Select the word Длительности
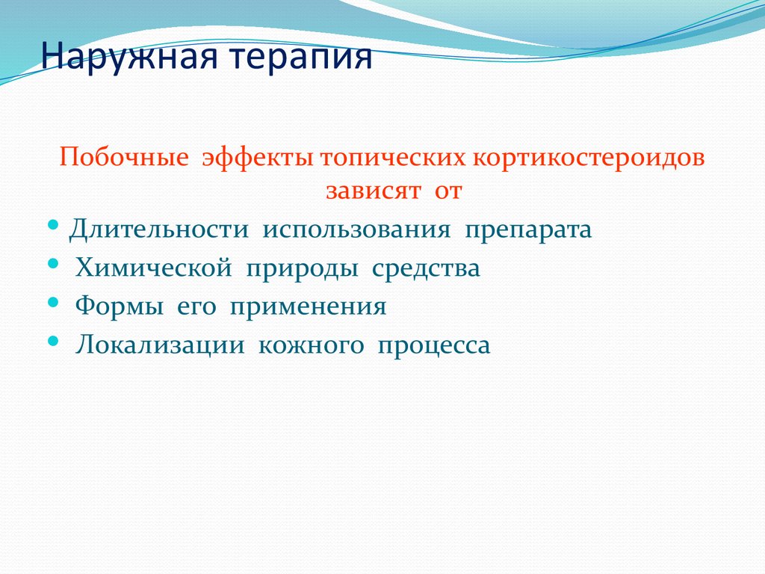(158, 229)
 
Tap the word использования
(356, 229)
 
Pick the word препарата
(528, 229)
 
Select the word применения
(308, 306)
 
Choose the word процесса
(434, 345)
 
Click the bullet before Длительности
(52, 224)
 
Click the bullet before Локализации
(52, 341)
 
